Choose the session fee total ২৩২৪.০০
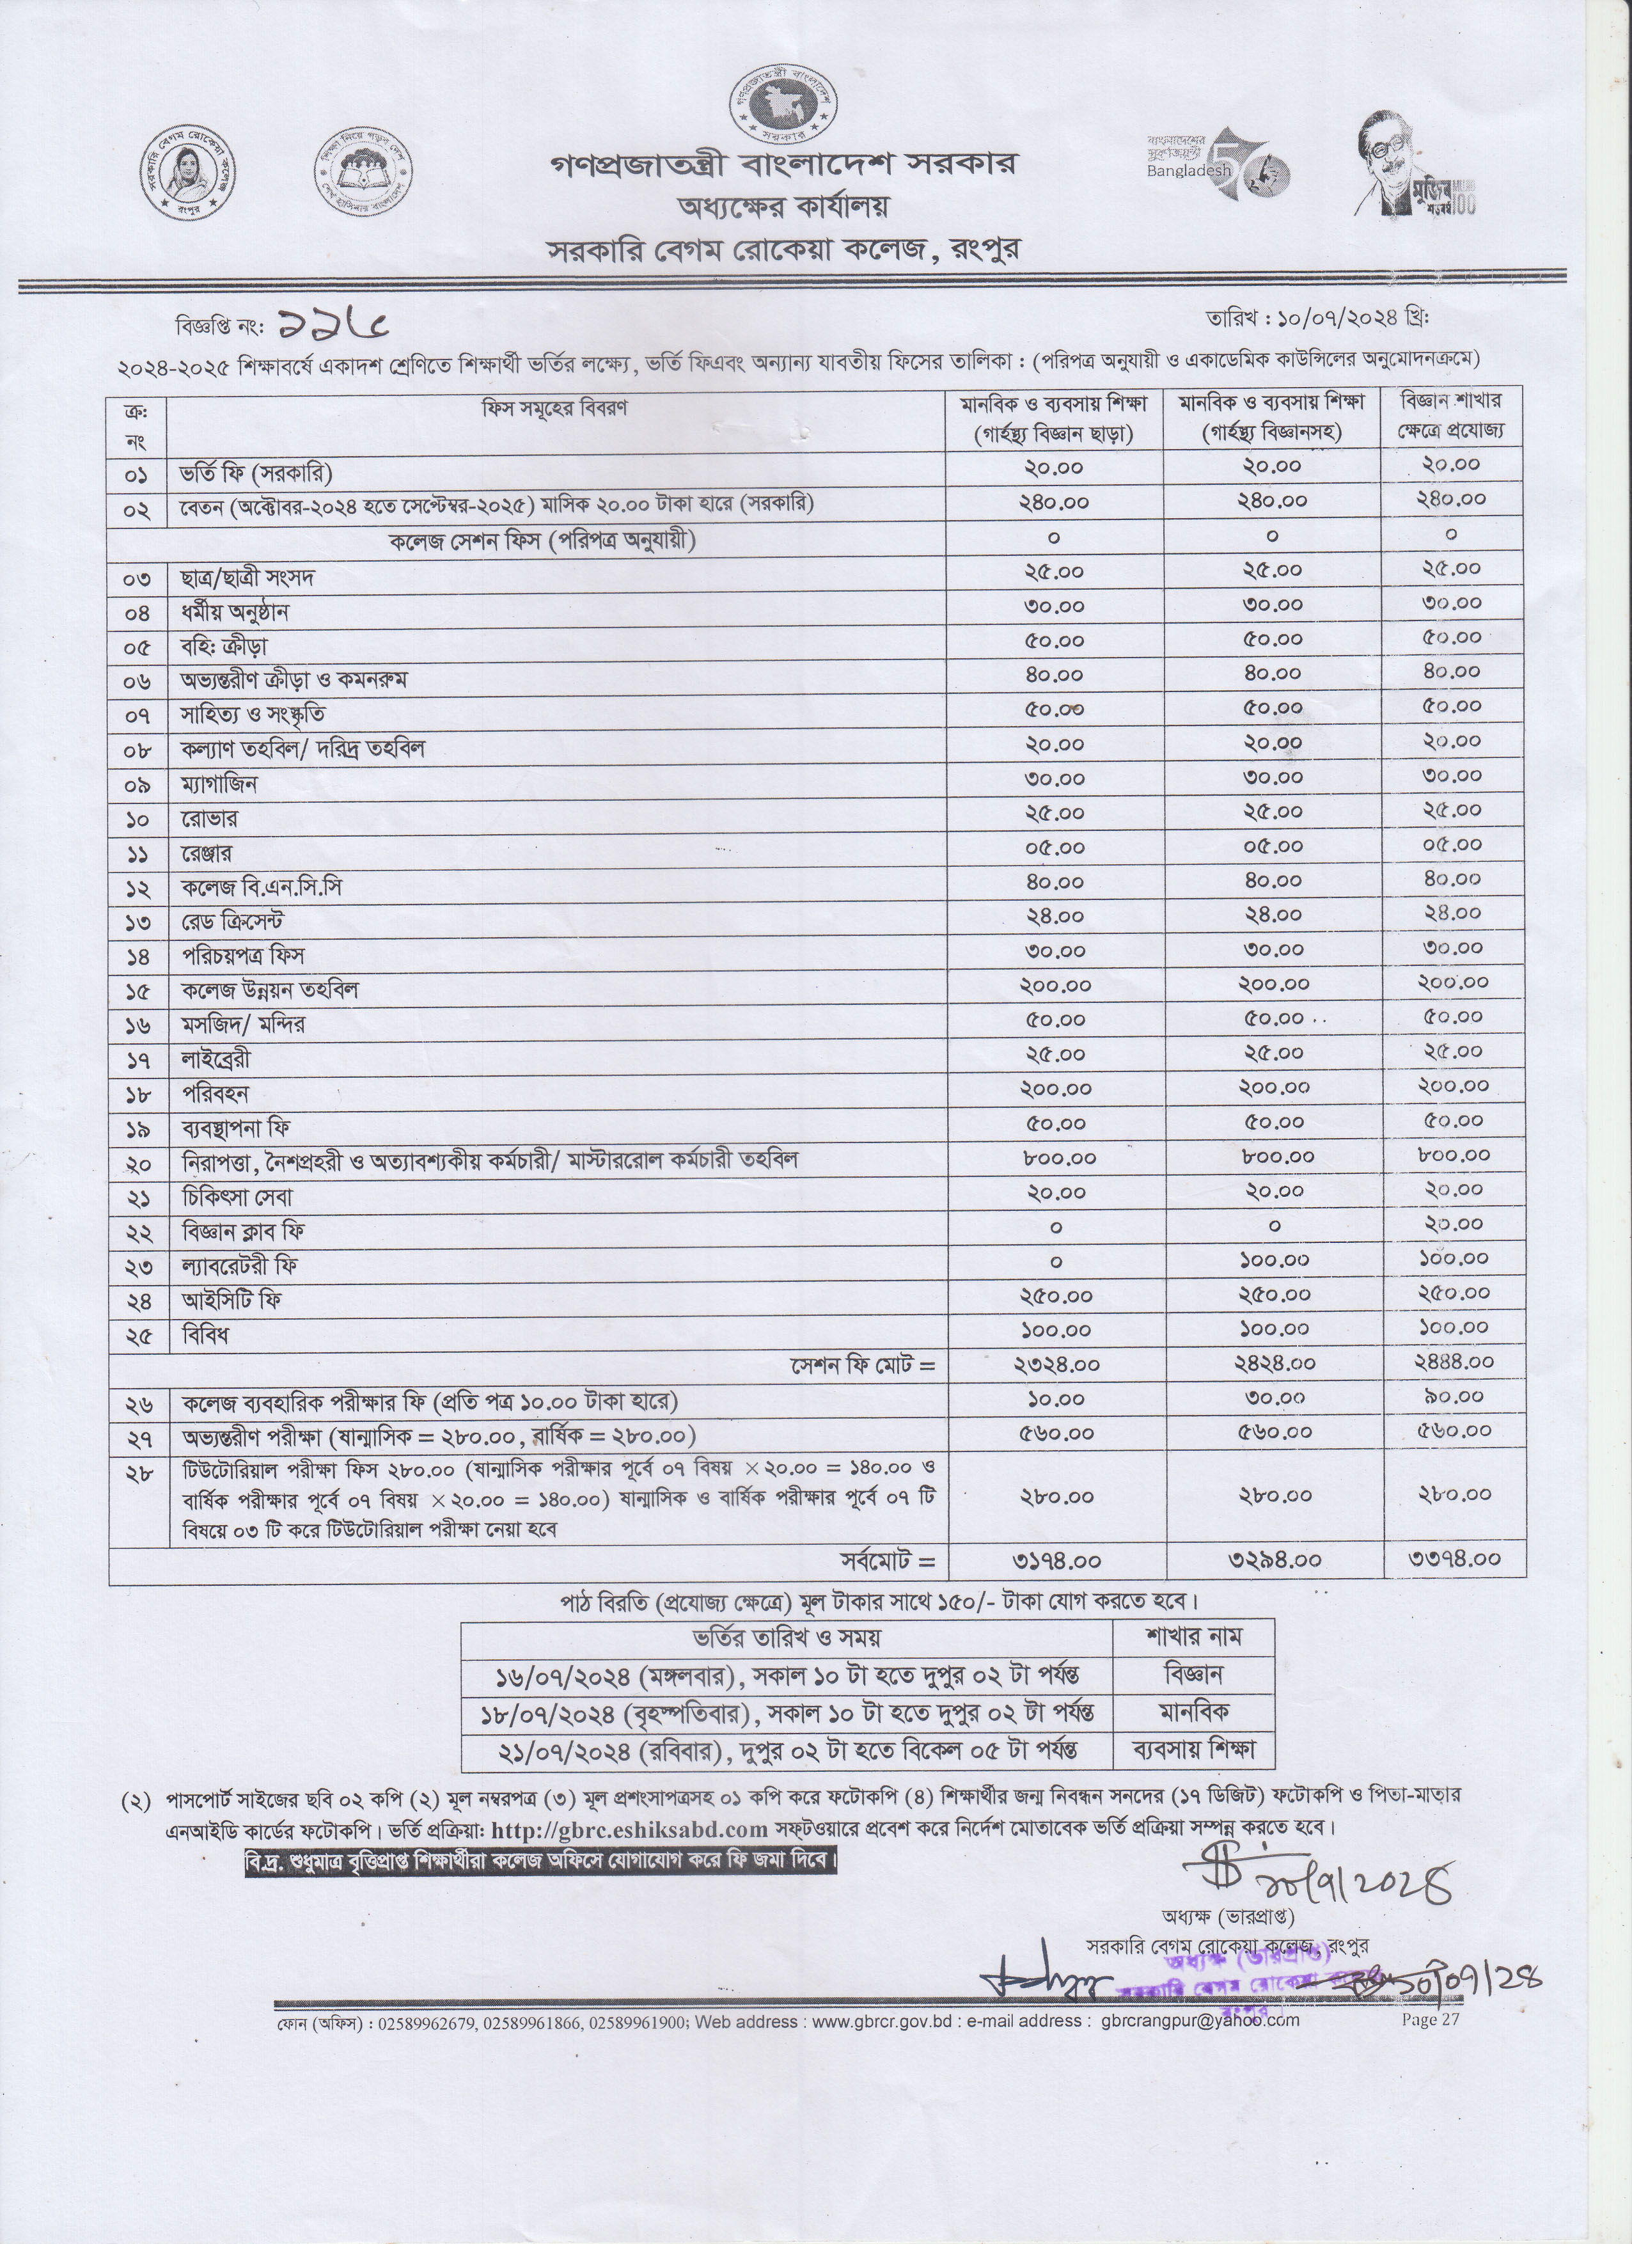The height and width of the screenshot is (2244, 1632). click(1056, 1364)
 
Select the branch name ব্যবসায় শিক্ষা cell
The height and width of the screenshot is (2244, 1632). click(1194, 1750)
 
